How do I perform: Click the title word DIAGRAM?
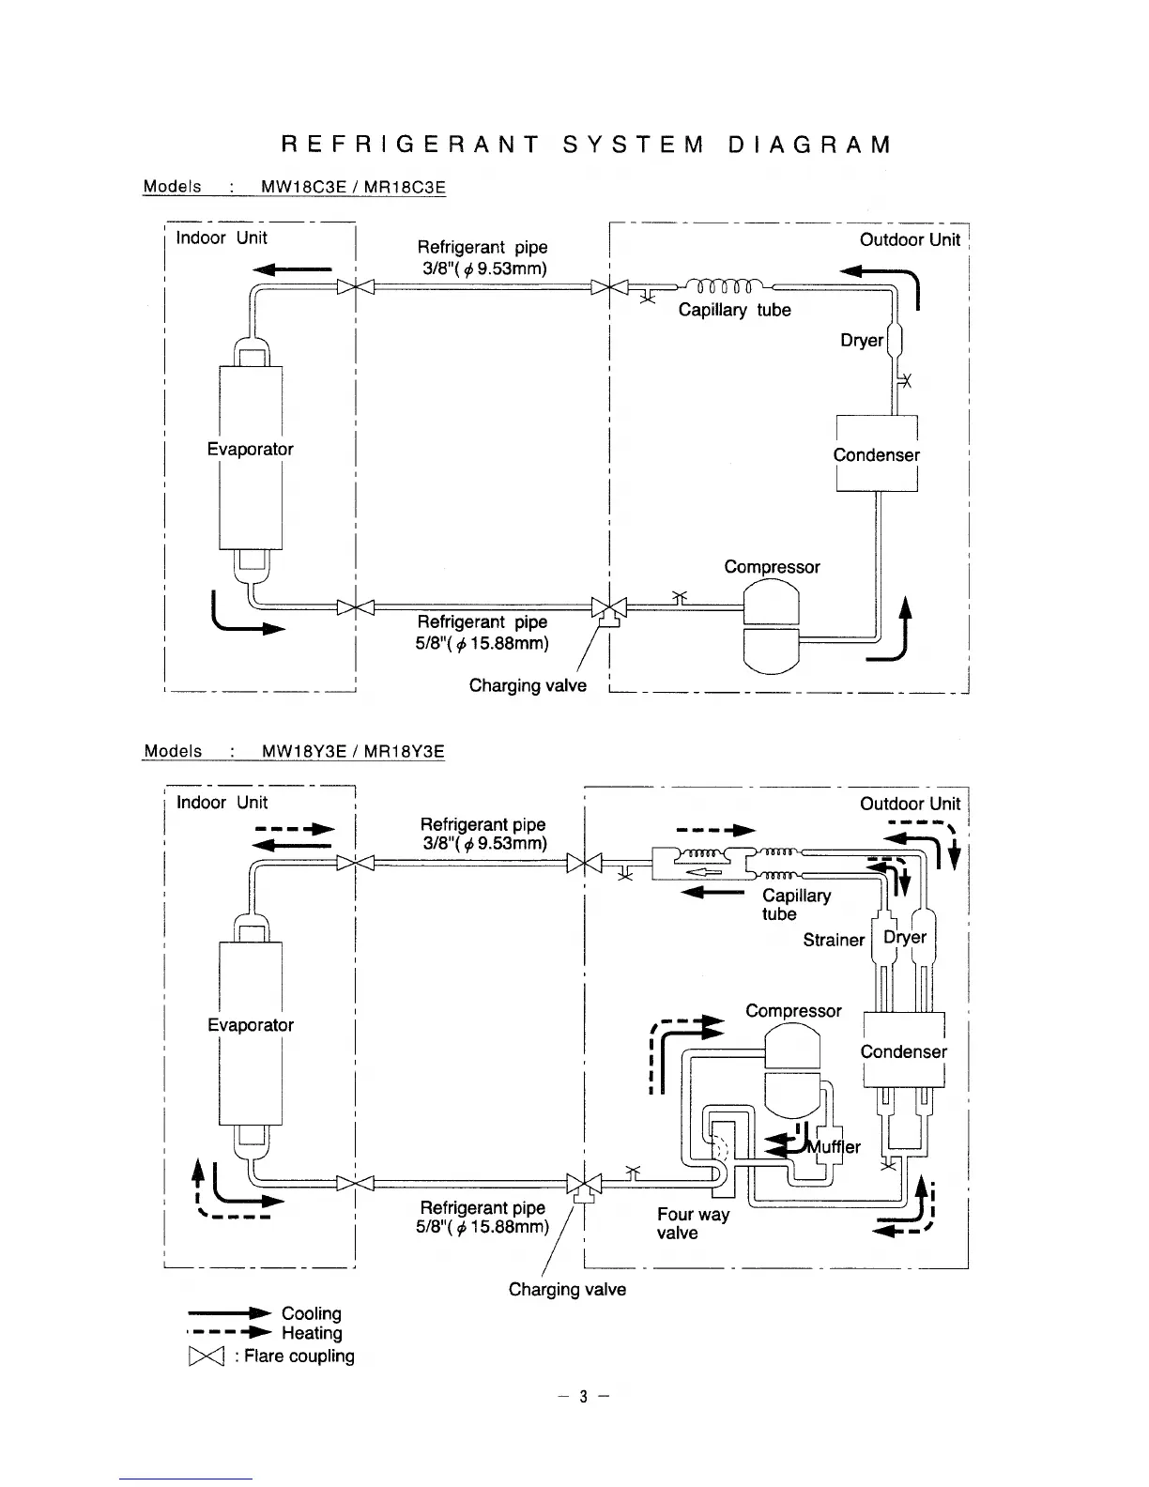tap(808, 145)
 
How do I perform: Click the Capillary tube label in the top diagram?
tap(734, 310)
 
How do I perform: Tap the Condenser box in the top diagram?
tap(877, 454)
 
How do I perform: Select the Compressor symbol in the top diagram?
tap(771, 626)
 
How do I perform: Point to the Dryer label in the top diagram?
tap(861, 340)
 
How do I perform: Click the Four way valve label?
tap(693, 1223)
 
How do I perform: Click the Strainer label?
tap(834, 940)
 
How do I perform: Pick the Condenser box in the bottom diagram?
tap(903, 1050)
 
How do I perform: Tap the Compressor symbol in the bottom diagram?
tap(793, 1070)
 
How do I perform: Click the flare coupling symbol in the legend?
tap(203, 1357)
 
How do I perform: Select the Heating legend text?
tap(312, 1333)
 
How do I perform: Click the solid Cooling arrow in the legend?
tap(230, 1313)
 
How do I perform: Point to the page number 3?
tap(582, 1396)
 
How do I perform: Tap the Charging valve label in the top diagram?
tap(528, 685)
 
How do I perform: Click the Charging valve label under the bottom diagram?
tap(567, 1289)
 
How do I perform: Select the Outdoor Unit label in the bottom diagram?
tap(910, 804)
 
